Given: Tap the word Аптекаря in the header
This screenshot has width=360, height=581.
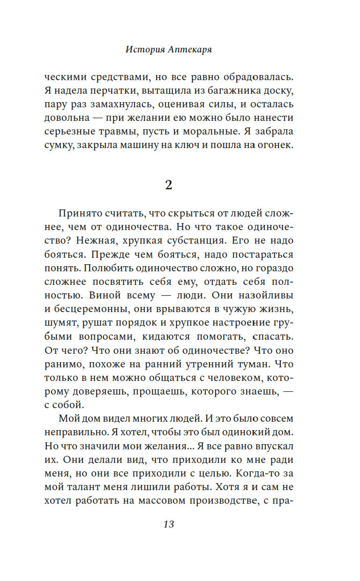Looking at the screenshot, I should point(190,50).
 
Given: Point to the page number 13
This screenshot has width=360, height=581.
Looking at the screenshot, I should point(169,524).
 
